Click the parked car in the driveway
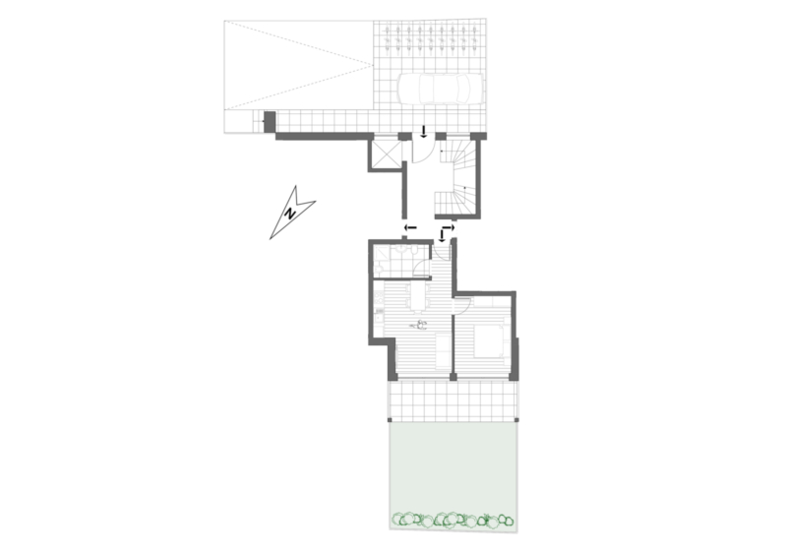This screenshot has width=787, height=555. tap(440, 89)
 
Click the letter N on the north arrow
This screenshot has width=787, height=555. tap(289, 214)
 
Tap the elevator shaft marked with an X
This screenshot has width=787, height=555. tap(386, 153)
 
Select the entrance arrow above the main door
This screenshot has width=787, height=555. tap(423, 132)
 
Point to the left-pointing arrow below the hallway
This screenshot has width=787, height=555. tap(410, 228)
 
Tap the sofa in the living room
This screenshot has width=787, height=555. tap(443, 350)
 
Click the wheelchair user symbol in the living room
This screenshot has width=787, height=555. tap(420, 325)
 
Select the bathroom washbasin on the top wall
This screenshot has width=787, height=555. tap(402, 249)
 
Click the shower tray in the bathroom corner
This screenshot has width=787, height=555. tap(380, 261)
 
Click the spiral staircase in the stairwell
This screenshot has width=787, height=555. tap(456, 177)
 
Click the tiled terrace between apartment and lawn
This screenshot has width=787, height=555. tap(454, 401)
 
